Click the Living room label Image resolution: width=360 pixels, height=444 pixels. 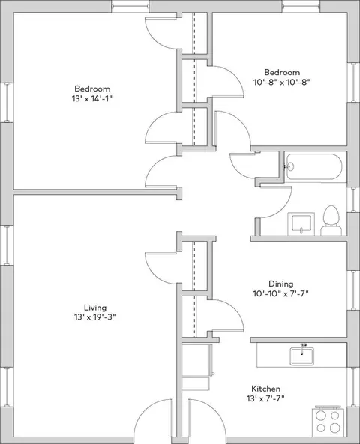(95, 307)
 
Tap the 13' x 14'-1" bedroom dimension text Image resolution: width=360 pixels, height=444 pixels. (92, 99)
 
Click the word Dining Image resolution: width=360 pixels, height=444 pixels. (281, 283)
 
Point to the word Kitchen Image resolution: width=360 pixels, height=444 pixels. (266, 388)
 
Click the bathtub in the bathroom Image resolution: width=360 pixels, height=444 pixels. (313, 166)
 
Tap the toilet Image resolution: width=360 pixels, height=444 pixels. (331, 220)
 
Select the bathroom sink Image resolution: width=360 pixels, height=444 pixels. (301, 224)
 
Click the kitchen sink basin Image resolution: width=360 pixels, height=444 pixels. (301, 356)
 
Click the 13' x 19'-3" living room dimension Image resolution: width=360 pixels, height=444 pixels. (95, 316)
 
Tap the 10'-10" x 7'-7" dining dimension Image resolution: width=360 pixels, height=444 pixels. (280, 294)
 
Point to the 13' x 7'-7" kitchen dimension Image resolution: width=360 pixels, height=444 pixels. (265, 398)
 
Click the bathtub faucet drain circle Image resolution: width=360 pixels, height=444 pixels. (290, 166)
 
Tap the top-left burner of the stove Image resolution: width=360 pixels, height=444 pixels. (321, 415)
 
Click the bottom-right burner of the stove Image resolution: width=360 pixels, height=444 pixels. (335, 427)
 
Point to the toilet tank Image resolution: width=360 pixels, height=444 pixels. (331, 230)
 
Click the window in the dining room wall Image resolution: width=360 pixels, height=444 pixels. (353, 290)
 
